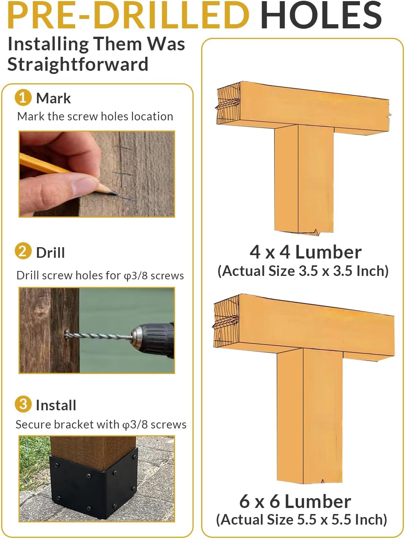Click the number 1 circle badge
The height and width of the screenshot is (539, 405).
point(23,97)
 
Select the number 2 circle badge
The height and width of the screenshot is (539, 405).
point(23,251)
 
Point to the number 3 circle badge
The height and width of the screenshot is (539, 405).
point(23,404)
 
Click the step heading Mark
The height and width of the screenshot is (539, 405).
point(53,98)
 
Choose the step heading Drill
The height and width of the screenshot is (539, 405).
point(50,252)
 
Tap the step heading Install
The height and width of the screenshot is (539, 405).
point(56,405)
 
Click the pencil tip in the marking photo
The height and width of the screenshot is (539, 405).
point(114,193)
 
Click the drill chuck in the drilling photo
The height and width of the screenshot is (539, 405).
point(138,336)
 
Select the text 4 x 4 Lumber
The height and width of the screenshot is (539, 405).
point(306,252)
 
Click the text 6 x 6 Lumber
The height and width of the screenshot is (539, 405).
point(295,502)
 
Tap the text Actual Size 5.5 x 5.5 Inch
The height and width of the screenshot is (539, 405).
point(302,520)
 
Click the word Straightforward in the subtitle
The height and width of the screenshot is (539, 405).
point(78,64)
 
